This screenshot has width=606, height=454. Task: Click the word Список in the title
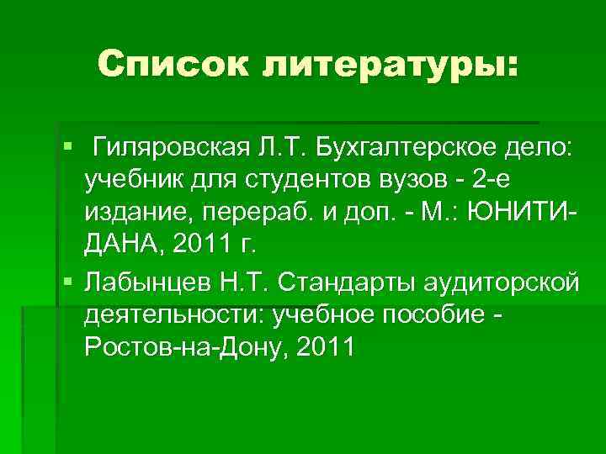pyautogui.click(x=169, y=62)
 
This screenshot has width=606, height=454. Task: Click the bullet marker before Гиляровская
pyautogui.click(x=67, y=149)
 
